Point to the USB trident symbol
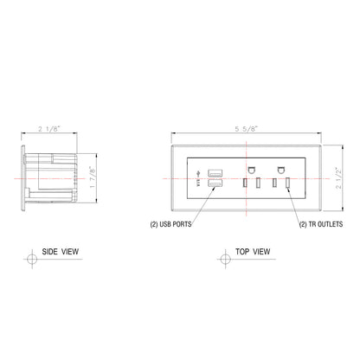[x=200, y=178]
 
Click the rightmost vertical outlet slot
[x=287, y=183]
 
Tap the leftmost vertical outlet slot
[x=245, y=183]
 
